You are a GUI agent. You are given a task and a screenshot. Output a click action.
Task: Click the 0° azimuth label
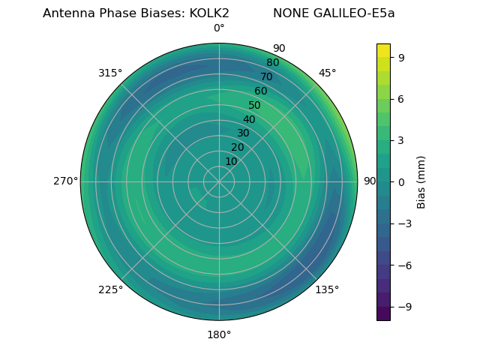tap(219, 28)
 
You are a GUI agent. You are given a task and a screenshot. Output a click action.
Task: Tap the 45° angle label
tap(328, 73)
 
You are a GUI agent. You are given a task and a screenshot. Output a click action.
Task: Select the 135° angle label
tap(327, 289)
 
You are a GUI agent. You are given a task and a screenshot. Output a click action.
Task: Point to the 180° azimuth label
tap(219, 334)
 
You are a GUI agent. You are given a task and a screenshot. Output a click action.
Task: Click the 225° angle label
tap(110, 290)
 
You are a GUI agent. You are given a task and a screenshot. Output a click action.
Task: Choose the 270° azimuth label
tap(65, 181)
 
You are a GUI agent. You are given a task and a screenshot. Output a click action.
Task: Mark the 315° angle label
tap(110, 73)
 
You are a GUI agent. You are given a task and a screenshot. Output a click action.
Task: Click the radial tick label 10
tap(231, 161)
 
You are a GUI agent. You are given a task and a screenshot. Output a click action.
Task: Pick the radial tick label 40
tap(249, 120)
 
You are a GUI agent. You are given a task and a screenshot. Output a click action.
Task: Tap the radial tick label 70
tap(266, 76)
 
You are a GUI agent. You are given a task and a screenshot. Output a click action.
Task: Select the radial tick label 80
tap(272, 63)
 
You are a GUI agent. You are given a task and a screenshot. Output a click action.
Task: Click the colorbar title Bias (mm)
tap(421, 182)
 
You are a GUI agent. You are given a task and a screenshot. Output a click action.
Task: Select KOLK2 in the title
tap(204, 13)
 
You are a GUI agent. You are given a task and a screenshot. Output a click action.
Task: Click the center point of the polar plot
tap(219, 181)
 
